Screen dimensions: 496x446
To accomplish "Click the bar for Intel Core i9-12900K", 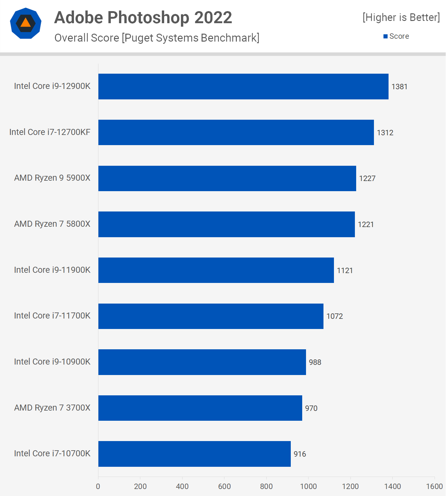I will click(x=243, y=86).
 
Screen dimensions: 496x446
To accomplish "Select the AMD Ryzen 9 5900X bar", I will click(x=227, y=178).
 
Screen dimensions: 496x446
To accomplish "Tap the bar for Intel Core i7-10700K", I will click(x=194, y=454).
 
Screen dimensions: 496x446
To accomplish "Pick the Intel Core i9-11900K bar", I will click(x=216, y=270).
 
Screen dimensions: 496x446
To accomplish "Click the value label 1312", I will click(x=385, y=133).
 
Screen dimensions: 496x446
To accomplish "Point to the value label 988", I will click(x=315, y=362).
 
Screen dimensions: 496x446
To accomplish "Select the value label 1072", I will click(x=335, y=316).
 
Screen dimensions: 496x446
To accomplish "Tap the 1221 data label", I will click(x=366, y=225).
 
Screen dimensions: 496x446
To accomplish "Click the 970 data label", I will click(x=311, y=408).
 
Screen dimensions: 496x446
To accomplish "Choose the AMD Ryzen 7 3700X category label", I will click(x=52, y=408).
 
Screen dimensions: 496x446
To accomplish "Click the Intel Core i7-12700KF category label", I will click(x=50, y=132).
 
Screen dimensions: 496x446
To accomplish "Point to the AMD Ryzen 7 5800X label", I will click(x=52, y=224).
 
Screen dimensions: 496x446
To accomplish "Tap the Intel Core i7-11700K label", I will click(x=52, y=316).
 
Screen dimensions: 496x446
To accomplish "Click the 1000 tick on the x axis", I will click(x=308, y=486).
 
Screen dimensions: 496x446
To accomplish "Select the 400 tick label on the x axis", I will click(x=182, y=486).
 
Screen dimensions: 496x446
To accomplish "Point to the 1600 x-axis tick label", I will click(x=434, y=486).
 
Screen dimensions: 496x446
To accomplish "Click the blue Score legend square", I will click(x=385, y=37).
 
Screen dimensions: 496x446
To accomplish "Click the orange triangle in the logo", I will click(x=26, y=23).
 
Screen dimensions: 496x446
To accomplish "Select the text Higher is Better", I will click(x=401, y=17).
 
